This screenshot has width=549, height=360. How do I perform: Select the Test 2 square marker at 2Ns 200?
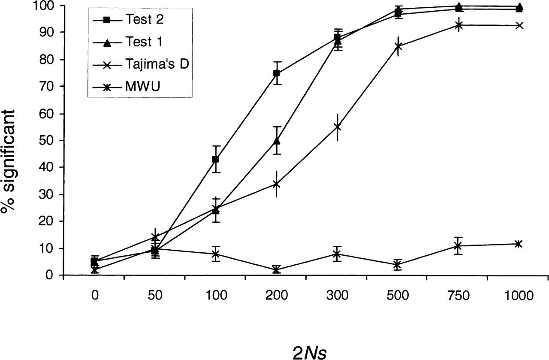(x=277, y=73)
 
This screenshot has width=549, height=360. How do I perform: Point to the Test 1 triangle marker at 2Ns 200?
(x=277, y=141)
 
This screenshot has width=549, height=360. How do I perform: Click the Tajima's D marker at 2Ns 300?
(x=337, y=127)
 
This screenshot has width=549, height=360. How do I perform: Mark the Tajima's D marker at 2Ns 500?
(x=398, y=46)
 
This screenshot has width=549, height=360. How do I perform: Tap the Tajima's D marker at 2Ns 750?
(x=459, y=25)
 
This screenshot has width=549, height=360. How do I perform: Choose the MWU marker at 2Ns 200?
(x=277, y=269)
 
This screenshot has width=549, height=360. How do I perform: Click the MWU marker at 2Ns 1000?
(x=519, y=244)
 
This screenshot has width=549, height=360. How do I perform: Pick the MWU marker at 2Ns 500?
(x=398, y=264)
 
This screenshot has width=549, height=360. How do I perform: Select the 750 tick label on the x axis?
(x=459, y=296)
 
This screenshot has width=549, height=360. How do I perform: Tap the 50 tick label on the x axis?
(x=155, y=296)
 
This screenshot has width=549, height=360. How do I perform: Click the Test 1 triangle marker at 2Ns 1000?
(x=519, y=6)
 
